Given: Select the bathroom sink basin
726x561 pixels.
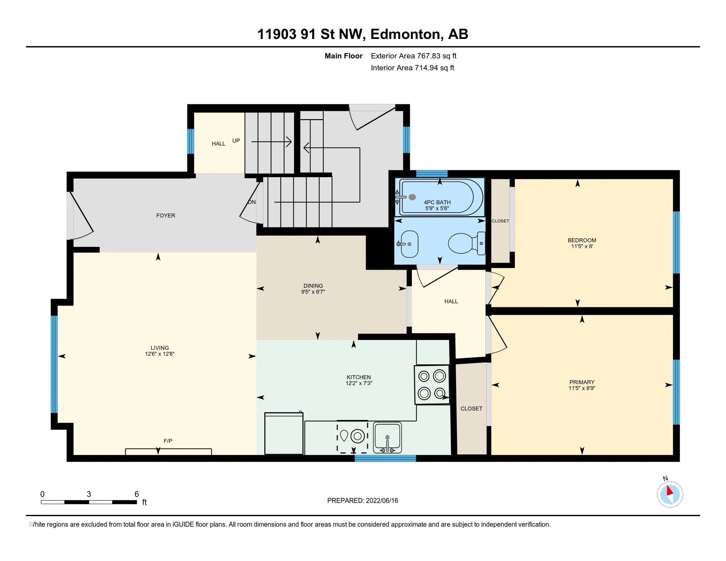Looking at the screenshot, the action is [x=409, y=244].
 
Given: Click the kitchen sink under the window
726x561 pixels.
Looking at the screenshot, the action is [x=387, y=437].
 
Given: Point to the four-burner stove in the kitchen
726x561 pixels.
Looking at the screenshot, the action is [x=432, y=385].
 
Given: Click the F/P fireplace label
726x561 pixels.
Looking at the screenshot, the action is [x=168, y=441].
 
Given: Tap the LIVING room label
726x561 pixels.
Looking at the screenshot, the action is [x=160, y=348].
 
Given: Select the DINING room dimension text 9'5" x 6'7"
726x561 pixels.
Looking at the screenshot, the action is [x=313, y=292].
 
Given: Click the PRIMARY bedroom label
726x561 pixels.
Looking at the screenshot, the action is [x=582, y=382].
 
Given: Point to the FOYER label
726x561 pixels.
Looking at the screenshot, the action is [x=166, y=216].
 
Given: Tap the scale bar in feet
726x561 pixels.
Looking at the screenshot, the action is [x=89, y=502].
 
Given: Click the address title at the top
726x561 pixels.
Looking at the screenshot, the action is [x=363, y=34].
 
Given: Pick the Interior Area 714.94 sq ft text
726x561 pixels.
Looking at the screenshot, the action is [x=412, y=68].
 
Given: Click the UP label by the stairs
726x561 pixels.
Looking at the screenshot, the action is [x=236, y=141].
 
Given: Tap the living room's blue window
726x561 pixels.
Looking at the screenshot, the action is [x=54, y=364].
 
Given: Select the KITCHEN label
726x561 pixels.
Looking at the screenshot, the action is [x=359, y=377].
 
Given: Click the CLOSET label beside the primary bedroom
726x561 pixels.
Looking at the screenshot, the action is [x=471, y=409].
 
